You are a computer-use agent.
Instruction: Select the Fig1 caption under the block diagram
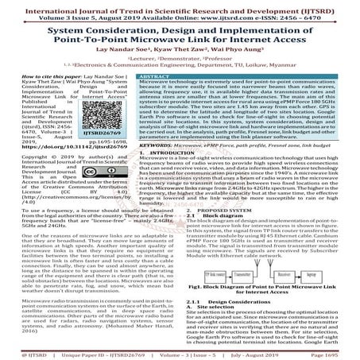pyautogui.click(x=265, y=289)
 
